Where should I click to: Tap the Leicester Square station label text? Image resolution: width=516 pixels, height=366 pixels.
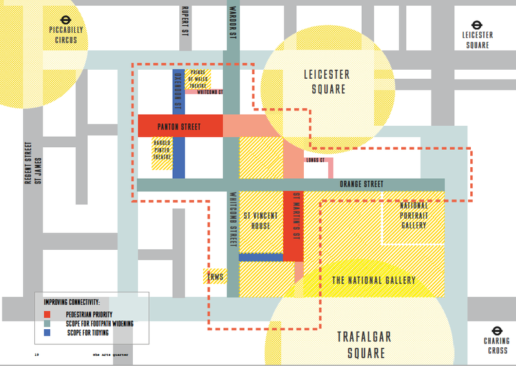coord(477,39)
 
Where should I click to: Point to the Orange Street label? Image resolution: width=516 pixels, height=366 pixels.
coord(362,184)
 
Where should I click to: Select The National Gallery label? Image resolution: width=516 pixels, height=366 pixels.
coord(373,280)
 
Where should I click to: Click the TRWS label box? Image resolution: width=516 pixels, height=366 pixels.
coord(214,276)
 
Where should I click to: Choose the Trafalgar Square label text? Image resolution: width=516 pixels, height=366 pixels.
coord(364,345)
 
